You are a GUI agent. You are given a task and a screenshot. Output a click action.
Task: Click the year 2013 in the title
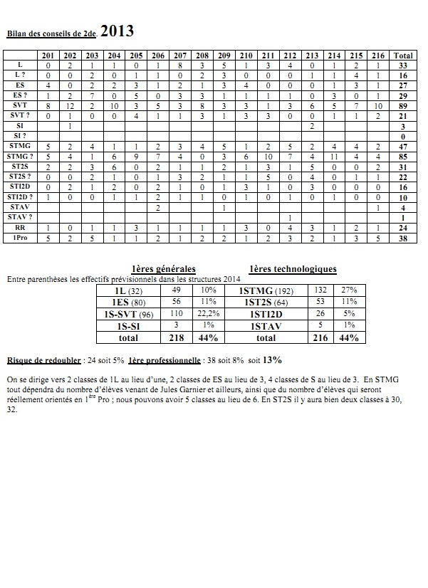pos(117,31)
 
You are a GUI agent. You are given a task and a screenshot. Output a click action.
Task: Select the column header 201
pos(48,56)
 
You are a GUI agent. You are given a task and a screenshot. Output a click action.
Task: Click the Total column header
pos(403,56)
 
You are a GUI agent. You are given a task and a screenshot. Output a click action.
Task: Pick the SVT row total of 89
pos(403,105)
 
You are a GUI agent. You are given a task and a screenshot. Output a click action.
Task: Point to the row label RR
pos(21,228)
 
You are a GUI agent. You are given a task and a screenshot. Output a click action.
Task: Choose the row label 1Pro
pos(21,238)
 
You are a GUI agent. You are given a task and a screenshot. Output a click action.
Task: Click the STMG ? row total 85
pos(403,156)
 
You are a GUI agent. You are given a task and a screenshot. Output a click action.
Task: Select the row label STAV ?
pos(21,216)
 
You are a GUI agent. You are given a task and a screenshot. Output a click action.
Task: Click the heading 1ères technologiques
pos(293,269)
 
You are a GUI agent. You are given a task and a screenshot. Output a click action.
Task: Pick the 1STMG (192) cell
pos(266,291)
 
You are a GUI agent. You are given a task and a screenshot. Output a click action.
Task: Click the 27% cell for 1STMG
pos(349,291)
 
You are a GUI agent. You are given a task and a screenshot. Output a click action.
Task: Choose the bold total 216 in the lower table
pos(321,337)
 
